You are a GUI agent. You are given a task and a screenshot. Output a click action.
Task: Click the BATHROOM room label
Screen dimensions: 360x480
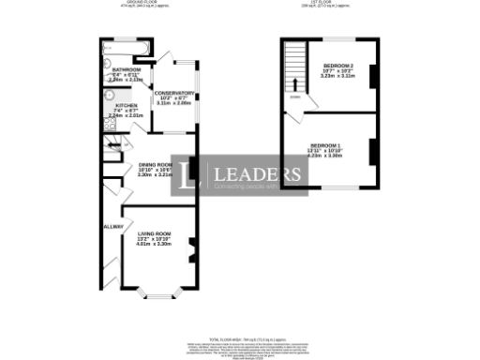tap(126, 69)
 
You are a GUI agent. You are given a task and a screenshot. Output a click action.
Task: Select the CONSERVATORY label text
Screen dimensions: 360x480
tap(174, 93)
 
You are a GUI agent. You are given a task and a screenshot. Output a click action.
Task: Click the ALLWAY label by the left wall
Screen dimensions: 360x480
tap(112, 226)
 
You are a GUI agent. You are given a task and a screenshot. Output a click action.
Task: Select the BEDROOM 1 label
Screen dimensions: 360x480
tap(325, 144)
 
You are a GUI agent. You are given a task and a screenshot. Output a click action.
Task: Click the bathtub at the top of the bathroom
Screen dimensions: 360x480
tap(126, 46)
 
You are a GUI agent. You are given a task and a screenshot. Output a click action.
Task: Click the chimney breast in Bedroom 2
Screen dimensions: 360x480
tap(373, 76)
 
